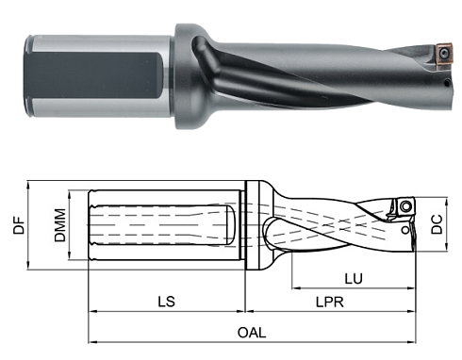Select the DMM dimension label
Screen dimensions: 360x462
click(x=59, y=226)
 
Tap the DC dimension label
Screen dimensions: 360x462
click(x=437, y=226)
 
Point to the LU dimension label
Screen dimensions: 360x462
click(x=353, y=279)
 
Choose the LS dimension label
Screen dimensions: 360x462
click(x=165, y=302)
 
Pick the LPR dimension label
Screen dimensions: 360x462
click(x=327, y=303)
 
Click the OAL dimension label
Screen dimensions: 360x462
click(x=252, y=333)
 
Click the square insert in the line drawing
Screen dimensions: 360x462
click(x=405, y=206)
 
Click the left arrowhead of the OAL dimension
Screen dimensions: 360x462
click(x=92, y=341)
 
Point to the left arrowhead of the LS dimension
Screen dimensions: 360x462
click(x=92, y=312)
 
